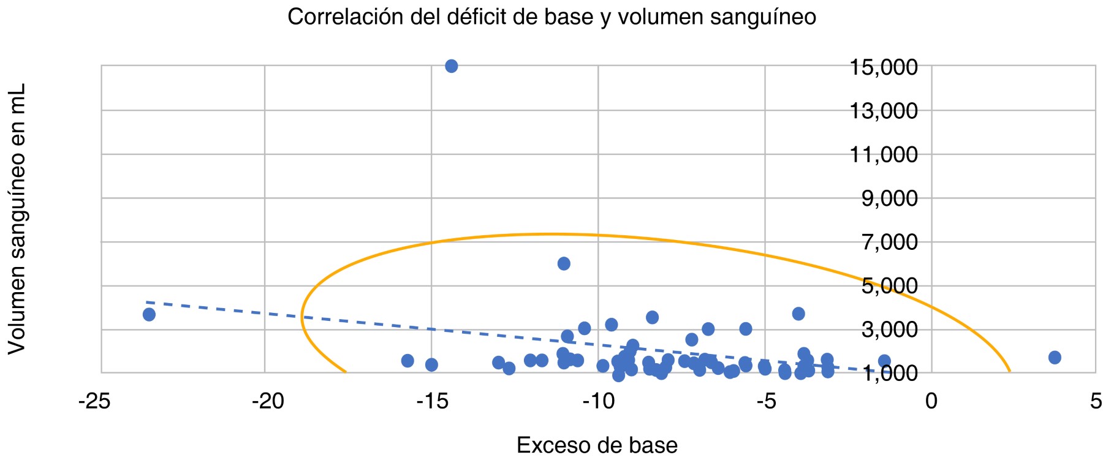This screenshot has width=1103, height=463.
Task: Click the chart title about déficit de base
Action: pyautogui.click(x=551, y=17)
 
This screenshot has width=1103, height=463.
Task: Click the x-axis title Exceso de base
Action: pyautogui.click(x=597, y=445)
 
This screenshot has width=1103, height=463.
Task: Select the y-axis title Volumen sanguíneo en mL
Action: pyautogui.click(x=17, y=219)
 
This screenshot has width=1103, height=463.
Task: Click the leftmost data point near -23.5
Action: pyautogui.click(x=149, y=315)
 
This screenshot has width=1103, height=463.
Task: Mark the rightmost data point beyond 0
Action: pyautogui.click(x=1055, y=358)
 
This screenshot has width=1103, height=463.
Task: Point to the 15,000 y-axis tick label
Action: pyautogui.click(x=883, y=67)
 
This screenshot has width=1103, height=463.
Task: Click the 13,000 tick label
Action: pyautogui.click(x=883, y=111)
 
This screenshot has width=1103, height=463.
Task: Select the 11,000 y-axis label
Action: pyautogui.click(x=883, y=154)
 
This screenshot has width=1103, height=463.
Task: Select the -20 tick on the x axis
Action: pyautogui.click(x=268, y=402)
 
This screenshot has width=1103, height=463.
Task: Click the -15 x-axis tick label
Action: pyautogui.click(x=433, y=402)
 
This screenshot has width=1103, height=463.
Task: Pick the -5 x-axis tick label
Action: pyautogui.click(x=765, y=402)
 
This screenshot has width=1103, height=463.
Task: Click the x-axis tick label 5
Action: pyautogui.click(x=1096, y=402)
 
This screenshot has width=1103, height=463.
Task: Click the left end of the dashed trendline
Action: pyautogui.click(x=147, y=302)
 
